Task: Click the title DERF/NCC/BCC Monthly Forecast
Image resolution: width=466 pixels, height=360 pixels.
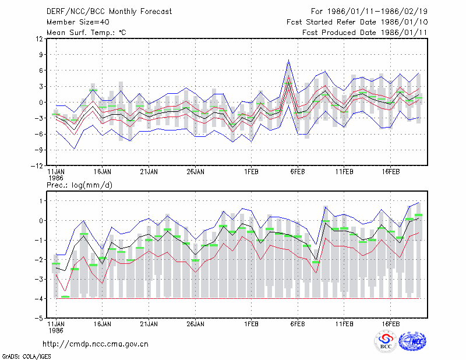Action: point(109,12)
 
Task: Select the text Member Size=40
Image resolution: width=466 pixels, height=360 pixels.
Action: point(78,22)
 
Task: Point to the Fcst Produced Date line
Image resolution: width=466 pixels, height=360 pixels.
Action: point(365,33)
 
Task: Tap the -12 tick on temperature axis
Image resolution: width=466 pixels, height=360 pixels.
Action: point(37,166)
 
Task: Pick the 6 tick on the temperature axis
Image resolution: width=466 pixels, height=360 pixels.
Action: point(41,70)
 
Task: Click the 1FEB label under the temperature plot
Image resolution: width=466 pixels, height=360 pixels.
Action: point(252,172)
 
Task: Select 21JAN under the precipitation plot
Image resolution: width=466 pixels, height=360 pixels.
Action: point(149,324)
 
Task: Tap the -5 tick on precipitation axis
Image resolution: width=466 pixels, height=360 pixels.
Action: point(39,318)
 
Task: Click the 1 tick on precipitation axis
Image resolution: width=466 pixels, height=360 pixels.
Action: point(41,201)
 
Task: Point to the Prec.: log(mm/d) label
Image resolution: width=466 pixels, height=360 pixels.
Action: point(79,185)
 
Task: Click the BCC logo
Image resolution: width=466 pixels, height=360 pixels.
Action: point(386,341)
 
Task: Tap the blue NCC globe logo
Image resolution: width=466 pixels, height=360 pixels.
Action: point(412,341)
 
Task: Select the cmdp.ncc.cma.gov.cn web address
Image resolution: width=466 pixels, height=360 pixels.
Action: point(96,344)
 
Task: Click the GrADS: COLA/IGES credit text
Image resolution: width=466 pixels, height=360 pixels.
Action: point(26,357)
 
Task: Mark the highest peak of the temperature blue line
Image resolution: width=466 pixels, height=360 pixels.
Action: point(288,60)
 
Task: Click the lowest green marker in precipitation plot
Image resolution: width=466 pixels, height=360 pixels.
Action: point(65,297)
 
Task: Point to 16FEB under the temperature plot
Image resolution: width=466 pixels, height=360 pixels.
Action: point(391,172)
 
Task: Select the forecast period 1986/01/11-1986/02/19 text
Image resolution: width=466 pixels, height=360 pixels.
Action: point(377,12)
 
